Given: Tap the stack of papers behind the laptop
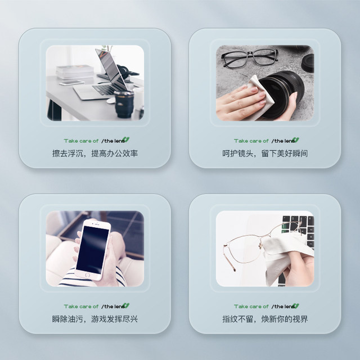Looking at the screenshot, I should point(74,71).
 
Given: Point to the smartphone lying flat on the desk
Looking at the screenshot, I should point(71,83).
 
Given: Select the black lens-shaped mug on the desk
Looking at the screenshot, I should point(124,103).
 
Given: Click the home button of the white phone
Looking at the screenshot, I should point(87,274).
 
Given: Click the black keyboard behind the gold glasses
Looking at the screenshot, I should point(298,225).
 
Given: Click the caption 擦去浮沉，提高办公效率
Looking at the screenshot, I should point(94,153).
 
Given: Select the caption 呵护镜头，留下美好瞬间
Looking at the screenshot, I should point(264,153).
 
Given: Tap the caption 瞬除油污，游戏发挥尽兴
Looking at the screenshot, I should point(94,319).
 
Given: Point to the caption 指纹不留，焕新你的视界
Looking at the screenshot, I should point(264,319).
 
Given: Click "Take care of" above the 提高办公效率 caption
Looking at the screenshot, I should point(81,141).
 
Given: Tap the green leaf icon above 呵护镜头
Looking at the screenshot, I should point(296,140).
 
